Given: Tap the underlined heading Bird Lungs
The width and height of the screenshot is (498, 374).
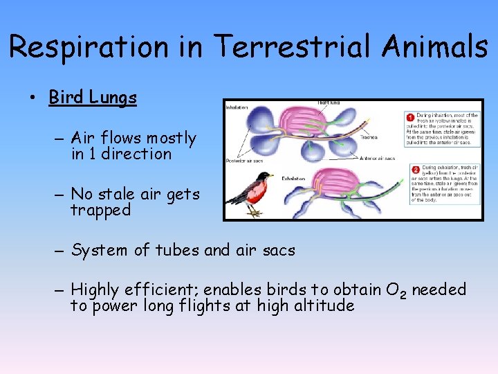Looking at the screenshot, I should tap(93, 98).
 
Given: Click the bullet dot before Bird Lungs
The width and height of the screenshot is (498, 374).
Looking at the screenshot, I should tap(34, 98).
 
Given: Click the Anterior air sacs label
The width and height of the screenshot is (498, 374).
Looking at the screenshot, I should tap(379, 158).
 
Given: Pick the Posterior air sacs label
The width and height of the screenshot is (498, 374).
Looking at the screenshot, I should tap(243, 161).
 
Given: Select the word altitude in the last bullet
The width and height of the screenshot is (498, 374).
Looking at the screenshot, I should tap(322, 305).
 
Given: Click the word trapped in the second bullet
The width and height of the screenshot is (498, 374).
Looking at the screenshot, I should tap(100, 211).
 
